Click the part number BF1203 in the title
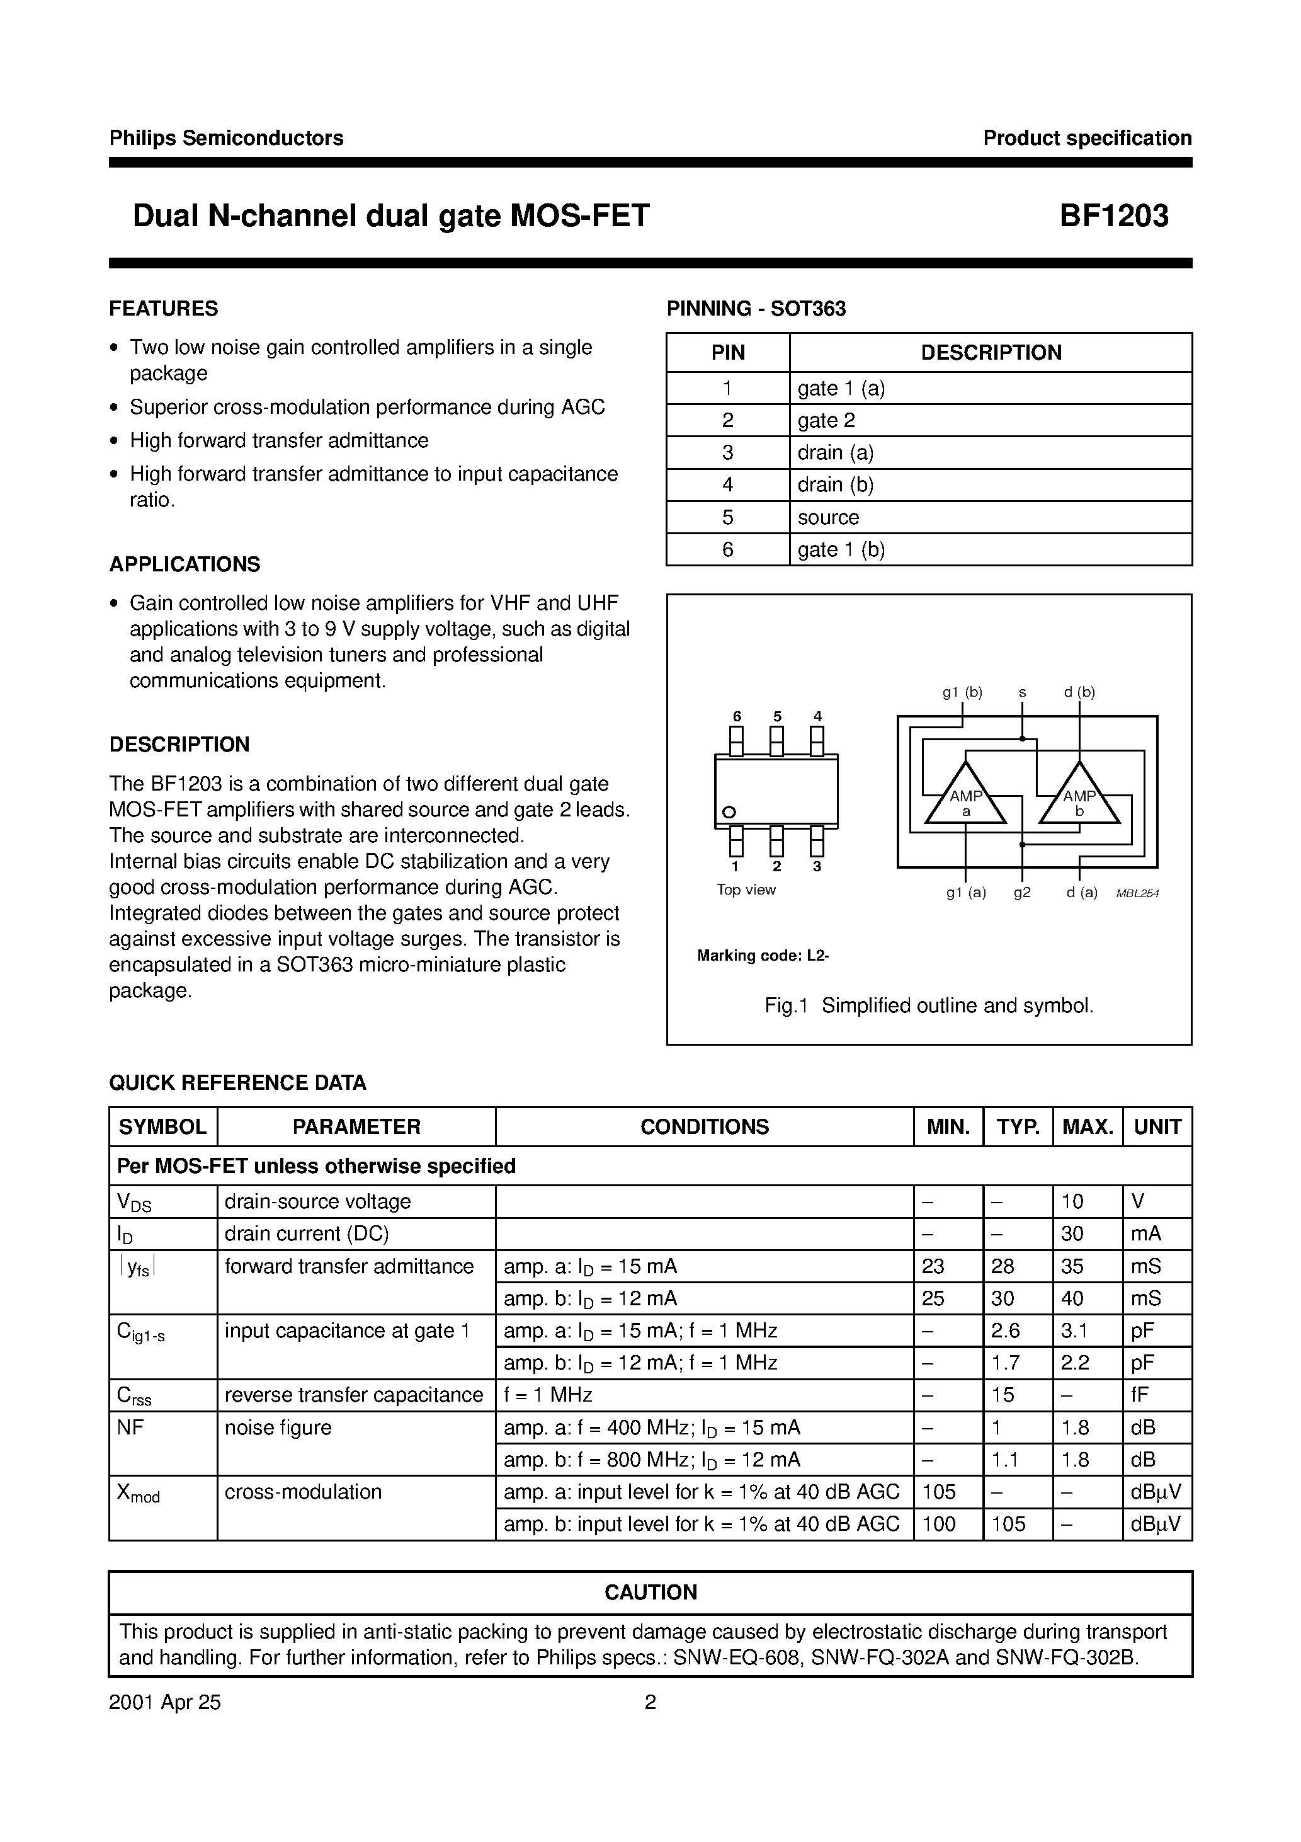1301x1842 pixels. (1113, 216)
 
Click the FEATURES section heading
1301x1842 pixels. (164, 309)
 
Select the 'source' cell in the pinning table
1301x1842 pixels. (827, 517)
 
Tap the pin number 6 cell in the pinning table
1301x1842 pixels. (727, 549)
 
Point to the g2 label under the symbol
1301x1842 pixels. (1022, 892)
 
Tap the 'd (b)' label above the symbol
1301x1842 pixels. (1079, 692)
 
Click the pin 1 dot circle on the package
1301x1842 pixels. (729, 813)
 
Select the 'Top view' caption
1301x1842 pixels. (746, 890)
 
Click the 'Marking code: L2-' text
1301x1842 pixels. (763, 956)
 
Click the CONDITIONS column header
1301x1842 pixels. (704, 1126)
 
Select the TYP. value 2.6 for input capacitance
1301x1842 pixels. (1005, 1331)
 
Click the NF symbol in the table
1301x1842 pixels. (130, 1427)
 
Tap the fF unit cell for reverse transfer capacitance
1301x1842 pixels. (1140, 1395)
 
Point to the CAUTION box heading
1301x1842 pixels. (650, 1593)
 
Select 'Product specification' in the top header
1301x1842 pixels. (1087, 138)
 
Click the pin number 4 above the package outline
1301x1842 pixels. (817, 716)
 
